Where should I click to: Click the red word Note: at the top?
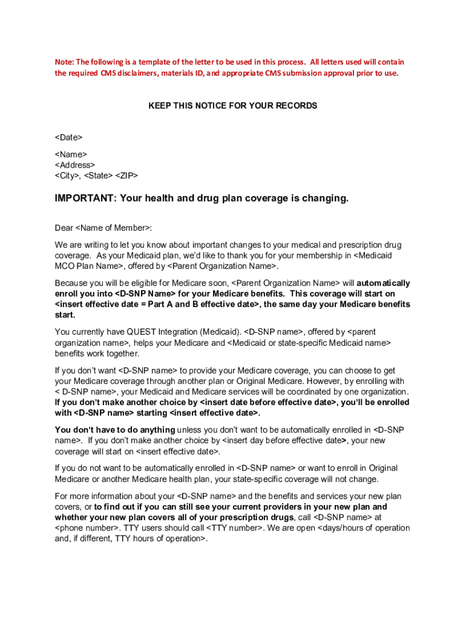click(x=64, y=62)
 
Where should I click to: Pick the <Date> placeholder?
click(x=68, y=138)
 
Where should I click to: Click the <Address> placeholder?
click(x=74, y=165)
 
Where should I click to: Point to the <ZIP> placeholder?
click(x=126, y=176)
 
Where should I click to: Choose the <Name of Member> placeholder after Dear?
click(x=113, y=228)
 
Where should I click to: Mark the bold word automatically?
click(x=383, y=283)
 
